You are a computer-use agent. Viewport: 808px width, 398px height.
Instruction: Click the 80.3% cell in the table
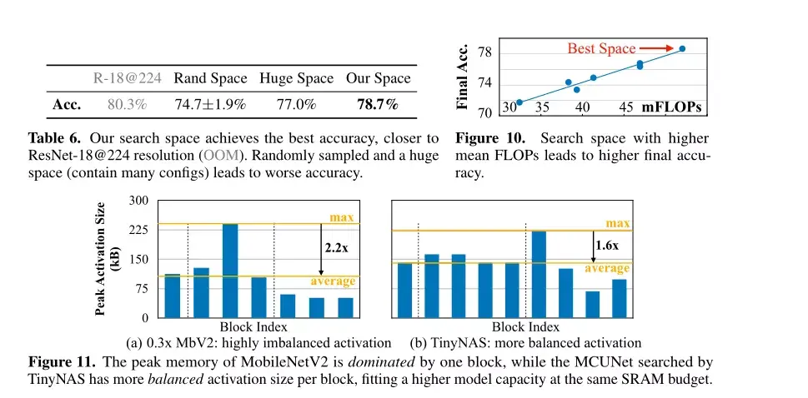(128, 105)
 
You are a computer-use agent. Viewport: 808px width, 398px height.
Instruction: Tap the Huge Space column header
(296, 78)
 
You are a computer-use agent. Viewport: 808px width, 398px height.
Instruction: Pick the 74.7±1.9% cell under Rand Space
(210, 105)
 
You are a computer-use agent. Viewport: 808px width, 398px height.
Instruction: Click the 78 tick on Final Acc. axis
(484, 52)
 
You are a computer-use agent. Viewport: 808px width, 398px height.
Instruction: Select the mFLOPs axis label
(670, 107)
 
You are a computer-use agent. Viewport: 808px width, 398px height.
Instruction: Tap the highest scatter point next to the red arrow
(681, 49)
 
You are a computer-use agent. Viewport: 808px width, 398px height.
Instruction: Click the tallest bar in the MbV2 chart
(229, 271)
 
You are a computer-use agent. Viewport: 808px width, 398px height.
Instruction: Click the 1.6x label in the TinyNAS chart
(606, 245)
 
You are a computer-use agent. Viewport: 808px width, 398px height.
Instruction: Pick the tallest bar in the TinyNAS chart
(538, 274)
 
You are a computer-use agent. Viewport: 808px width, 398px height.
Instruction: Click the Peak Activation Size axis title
(108, 260)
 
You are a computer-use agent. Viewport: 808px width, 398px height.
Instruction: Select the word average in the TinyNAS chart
(606, 269)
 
